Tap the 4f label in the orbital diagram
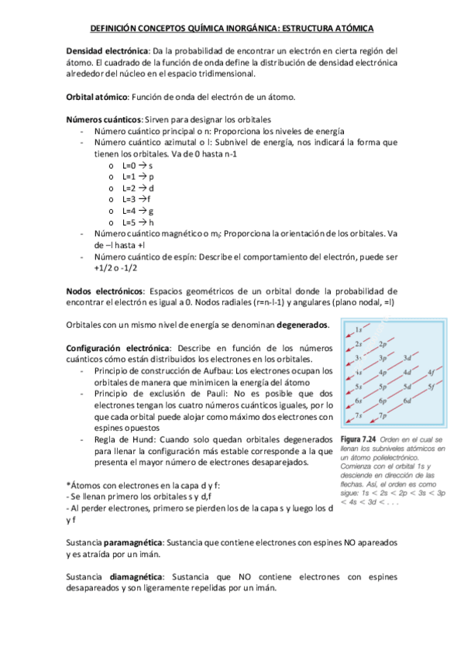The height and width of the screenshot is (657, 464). (x=431, y=372)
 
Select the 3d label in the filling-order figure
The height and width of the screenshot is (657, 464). (x=407, y=357)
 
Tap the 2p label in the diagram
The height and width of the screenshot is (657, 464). (x=383, y=344)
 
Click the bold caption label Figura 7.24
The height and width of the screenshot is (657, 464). (x=359, y=439)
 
